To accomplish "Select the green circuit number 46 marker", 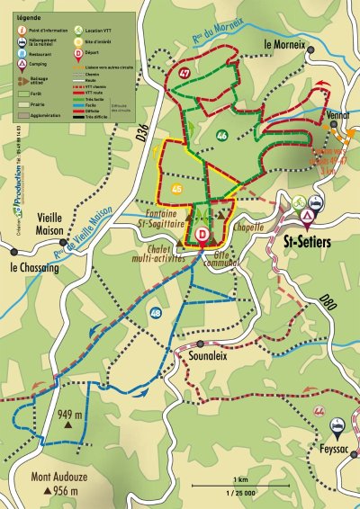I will tap(221, 136).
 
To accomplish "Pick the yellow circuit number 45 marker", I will tap(176, 189).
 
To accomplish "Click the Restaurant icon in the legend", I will tap(20, 53).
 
